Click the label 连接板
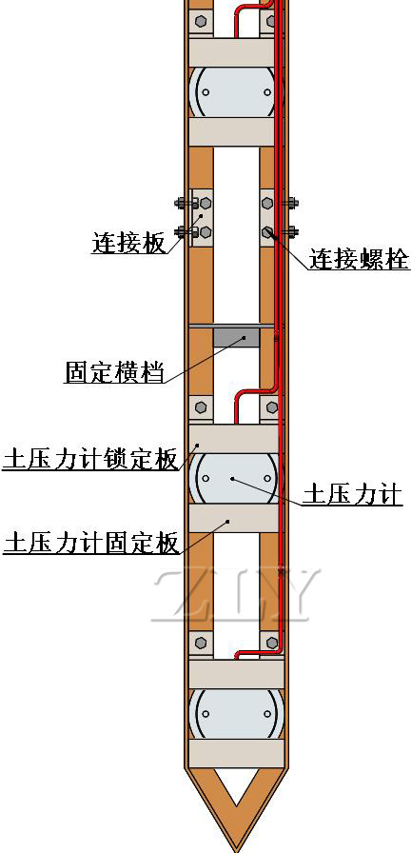pyautogui.click(x=128, y=243)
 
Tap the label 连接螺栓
pyautogui.click(x=360, y=259)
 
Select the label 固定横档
pyautogui.click(x=114, y=372)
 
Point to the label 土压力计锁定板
pyautogui.click(x=90, y=459)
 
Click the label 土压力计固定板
pyautogui.click(x=90, y=543)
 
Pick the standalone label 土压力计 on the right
pyautogui.click(x=352, y=496)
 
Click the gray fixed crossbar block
pyautogui.click(x=236, y=337)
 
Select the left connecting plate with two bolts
pyautogui.click(x=201, y=218)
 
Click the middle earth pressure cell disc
pyautogui.click(x=236, y=478)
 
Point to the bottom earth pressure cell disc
pyautogui.click(x=236, y=714)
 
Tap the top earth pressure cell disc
pyautogui.click(x=236, y=92)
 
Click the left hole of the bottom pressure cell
pyautogui.click(x=206, y=714)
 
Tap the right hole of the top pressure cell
pyautogui.click(x=266, y=92)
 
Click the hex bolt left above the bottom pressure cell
pyautogui.click(x=200, y=643)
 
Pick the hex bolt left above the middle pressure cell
pyautogui.click(x=200, y=407)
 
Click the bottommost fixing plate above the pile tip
pyautogui.click(x=236, y=753)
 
